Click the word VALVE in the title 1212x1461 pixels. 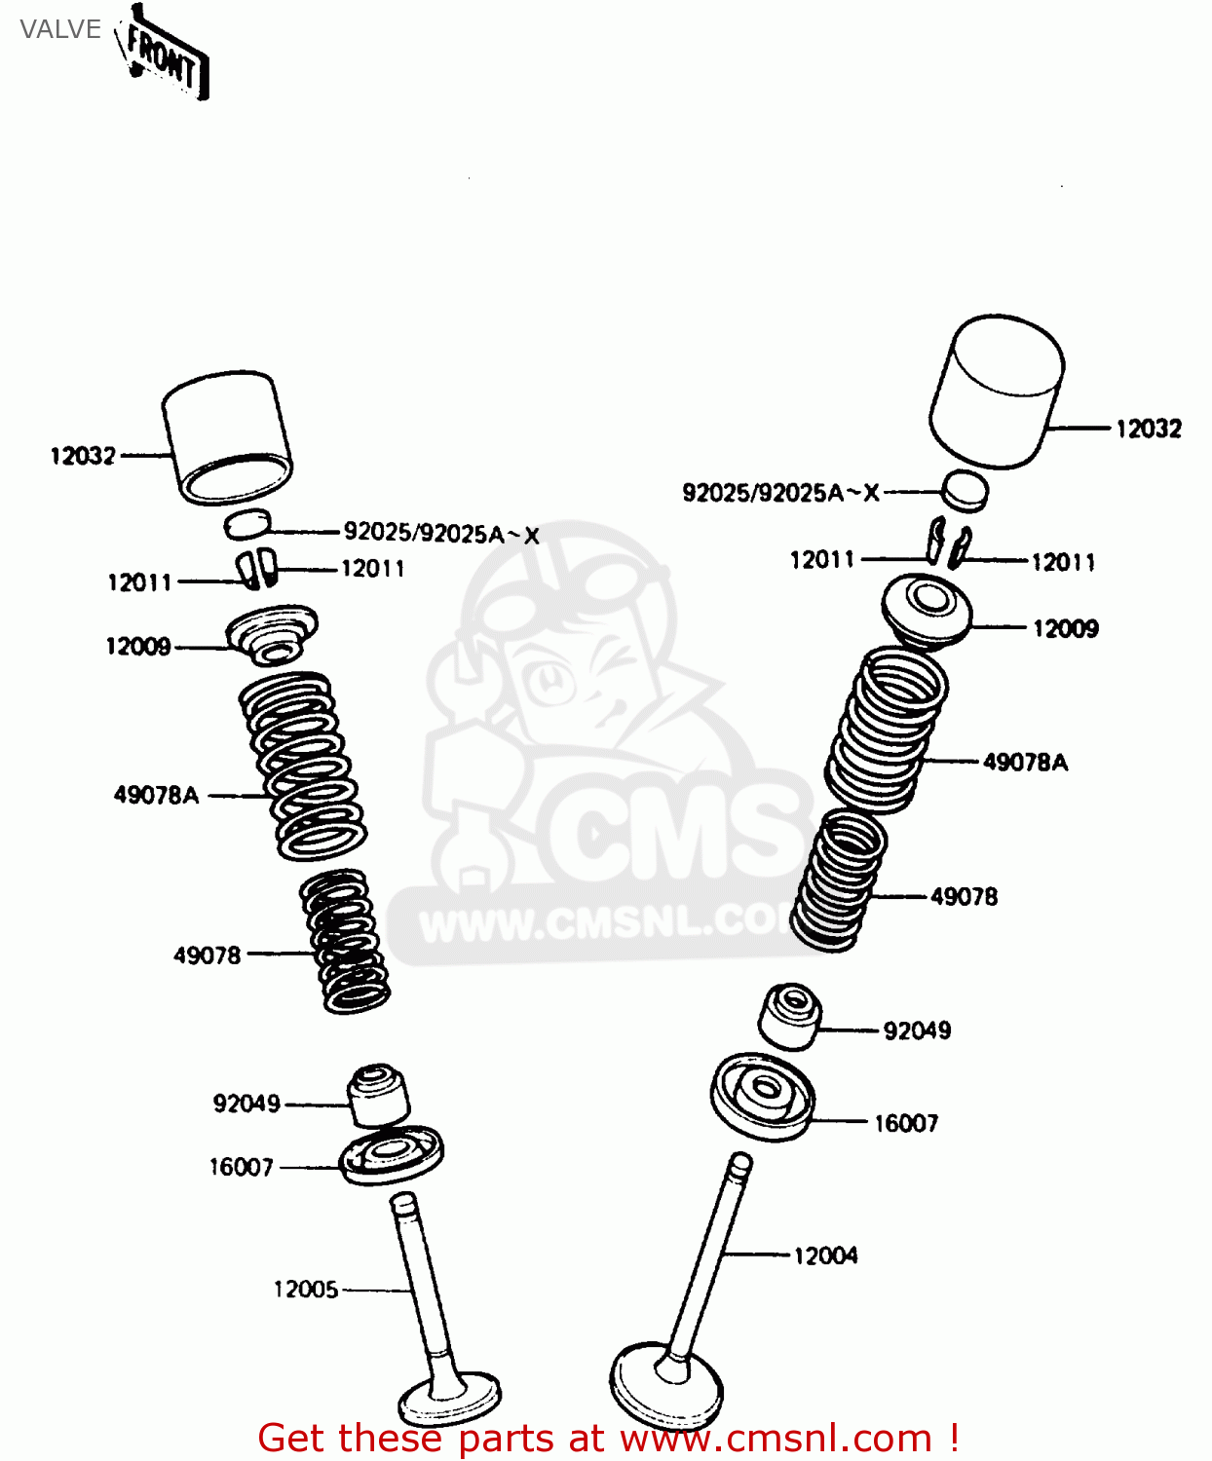[x=60, y=29]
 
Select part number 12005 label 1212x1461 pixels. [x=306, y=1290]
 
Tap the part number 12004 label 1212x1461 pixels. [x=825, y=1255]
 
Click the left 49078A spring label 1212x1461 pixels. [x=156, y=795]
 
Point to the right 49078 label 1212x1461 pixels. [x=964, y=897]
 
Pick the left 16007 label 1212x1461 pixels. [x=241, y=1167]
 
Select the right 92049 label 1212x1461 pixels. [x=917, y=1030]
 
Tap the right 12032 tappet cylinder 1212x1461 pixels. [x=996, y=392]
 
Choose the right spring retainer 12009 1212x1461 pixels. [x=927, y=610]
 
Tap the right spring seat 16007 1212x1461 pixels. [x=762, y=1097]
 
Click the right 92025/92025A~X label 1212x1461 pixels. [x=780, y=493]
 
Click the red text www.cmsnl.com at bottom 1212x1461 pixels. [x=776, y=1439]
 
